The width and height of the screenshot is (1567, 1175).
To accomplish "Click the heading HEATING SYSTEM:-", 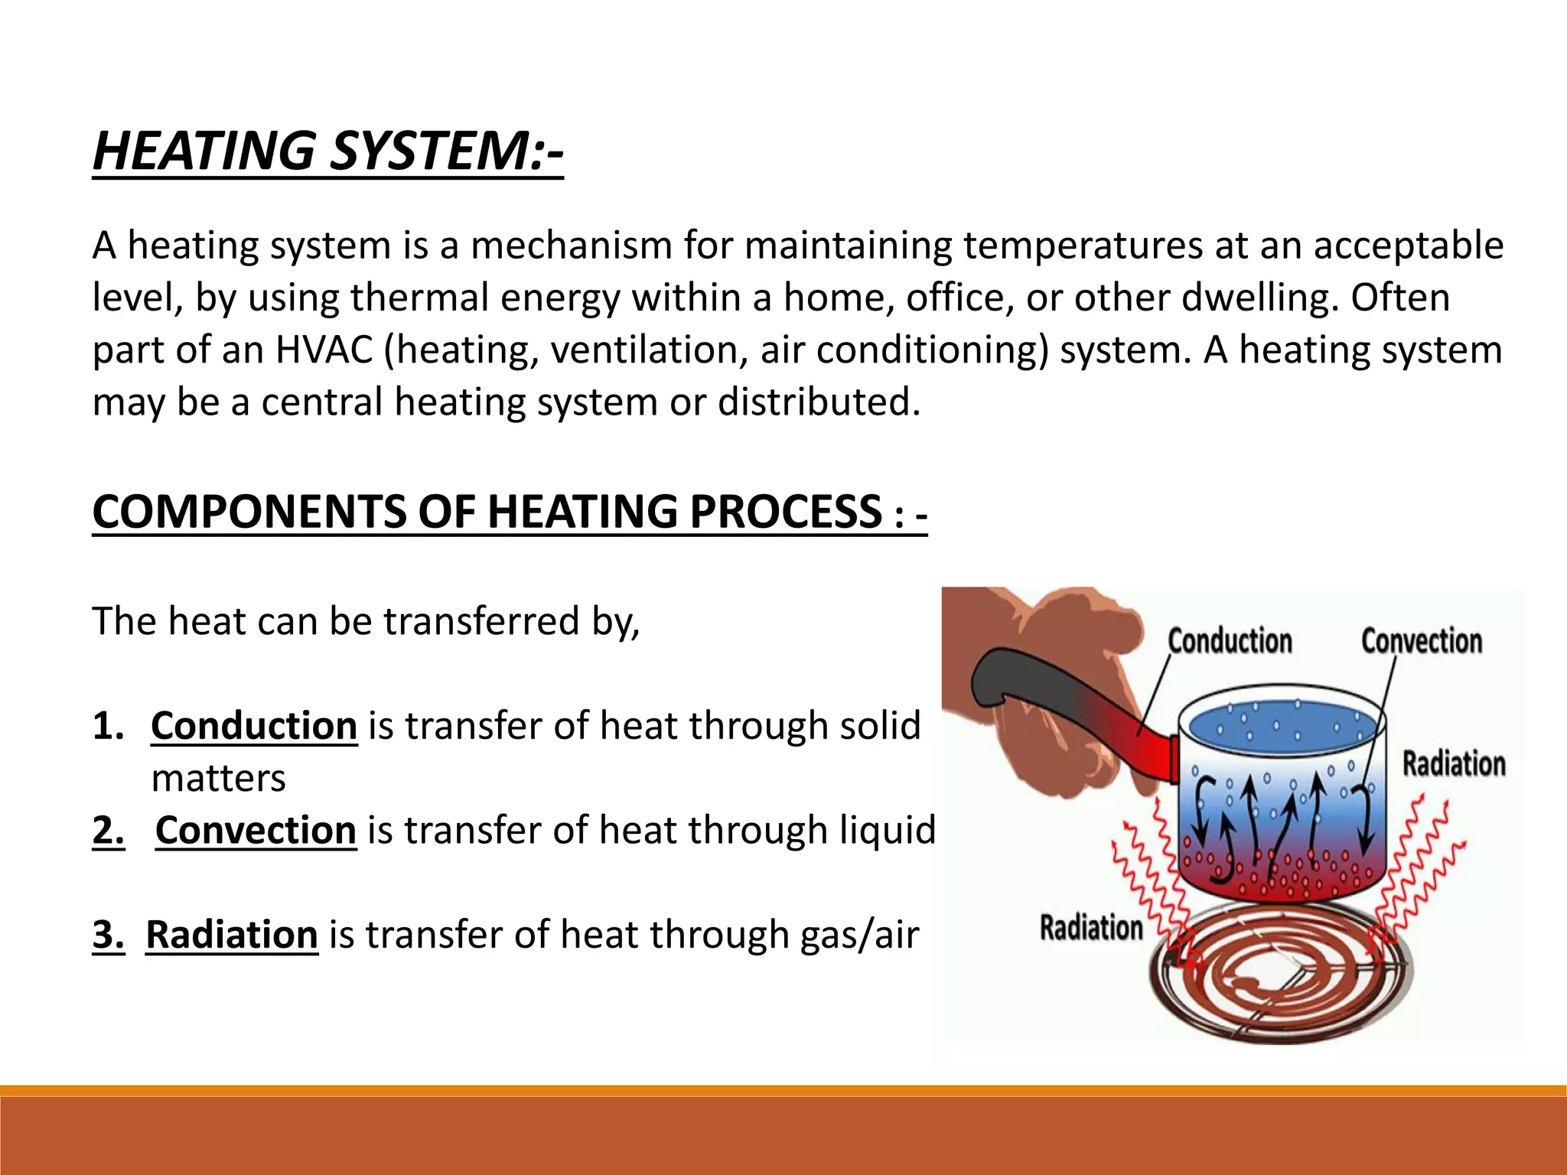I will pyautogui.click(x=327, y=150).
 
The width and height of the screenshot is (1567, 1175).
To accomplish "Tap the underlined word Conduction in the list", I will pyautogui.click(x=254, y=725).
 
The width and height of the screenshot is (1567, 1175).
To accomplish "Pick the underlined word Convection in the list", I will pyautogui.click(x=256, y=830).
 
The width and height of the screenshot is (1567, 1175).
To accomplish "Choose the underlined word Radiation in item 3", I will pyautogui.click(x=232, y=935).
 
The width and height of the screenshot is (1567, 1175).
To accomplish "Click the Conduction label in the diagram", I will pyautogui.click(x=1230, y=641).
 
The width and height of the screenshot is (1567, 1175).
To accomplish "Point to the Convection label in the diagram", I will pyautogui.click(x=1421, y=641).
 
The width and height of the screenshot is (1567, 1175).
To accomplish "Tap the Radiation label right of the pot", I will pyautogui.click(x=1454, y=763).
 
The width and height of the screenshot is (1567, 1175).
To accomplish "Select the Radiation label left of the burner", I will pyautogui.click(x=1091, y=927).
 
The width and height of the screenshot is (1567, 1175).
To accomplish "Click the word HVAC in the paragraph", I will pyautogui.click(x=324, y=350).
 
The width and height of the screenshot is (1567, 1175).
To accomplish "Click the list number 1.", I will pyautogui.click(x=108, y=725).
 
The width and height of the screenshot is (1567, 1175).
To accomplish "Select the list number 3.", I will pyautogui.click(x=108, y=935).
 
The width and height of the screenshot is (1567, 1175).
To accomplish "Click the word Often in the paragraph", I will pyautogui.click(x=1399, y=298).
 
